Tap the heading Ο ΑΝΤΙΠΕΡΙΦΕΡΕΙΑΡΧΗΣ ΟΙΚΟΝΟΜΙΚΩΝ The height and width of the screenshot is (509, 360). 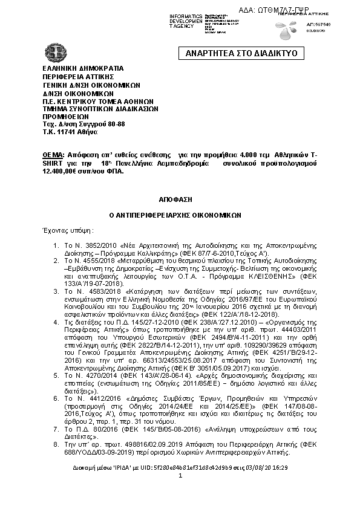click(180, 214)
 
